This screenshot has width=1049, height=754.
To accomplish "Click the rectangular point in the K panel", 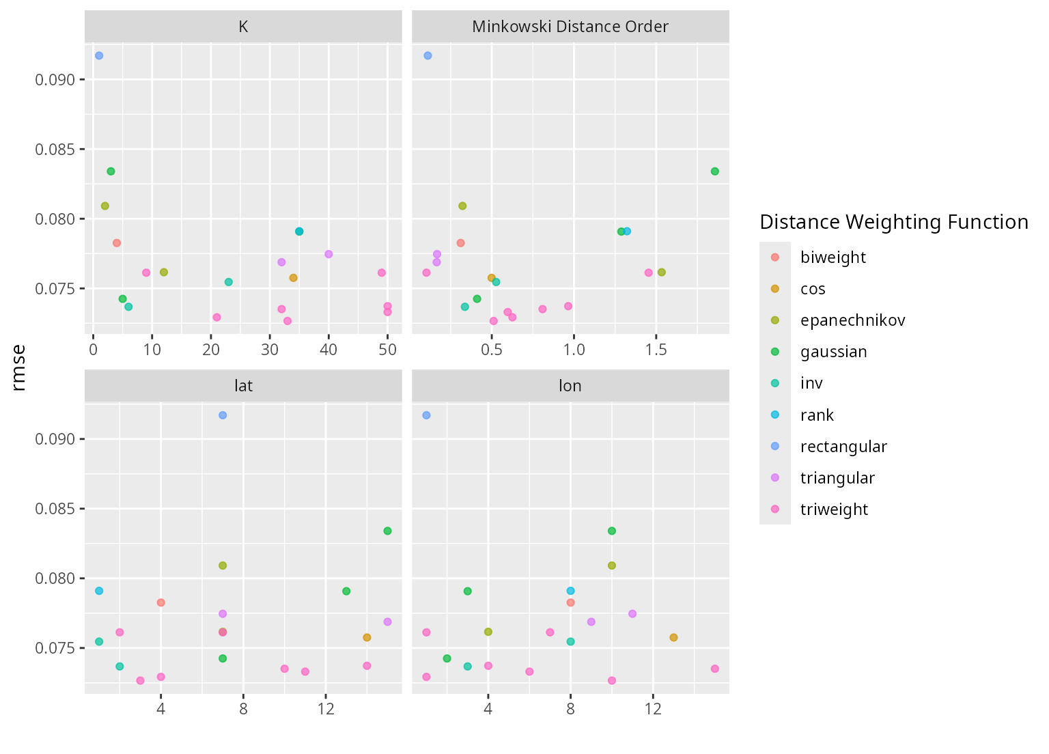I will click(x=99, y=55).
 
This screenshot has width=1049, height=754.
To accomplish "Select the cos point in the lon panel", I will click(x=673, y=637).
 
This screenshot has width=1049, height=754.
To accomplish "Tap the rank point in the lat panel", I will click(x=99, y=591).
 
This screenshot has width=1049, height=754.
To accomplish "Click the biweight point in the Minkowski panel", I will click(x=460, y=243).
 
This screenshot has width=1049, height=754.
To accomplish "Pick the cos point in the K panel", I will click(x=293, y=278).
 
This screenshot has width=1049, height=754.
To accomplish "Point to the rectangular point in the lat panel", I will click(x=223, y=415).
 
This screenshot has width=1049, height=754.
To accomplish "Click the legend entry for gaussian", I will click(x=833, y=352).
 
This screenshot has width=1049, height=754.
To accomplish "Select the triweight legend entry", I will click(x=834, y=509).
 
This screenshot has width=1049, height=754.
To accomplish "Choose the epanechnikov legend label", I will click(x=852, y=320).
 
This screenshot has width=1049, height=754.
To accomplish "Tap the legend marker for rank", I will click(x=775, y=415).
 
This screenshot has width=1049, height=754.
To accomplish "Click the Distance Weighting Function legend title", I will click(x=893, y=222).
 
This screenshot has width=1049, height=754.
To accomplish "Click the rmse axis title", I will click(x=19, y=369).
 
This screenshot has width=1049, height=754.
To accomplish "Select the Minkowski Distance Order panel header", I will click(x=570, y=27).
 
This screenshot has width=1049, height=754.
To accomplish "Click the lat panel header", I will click(x=243, y=386).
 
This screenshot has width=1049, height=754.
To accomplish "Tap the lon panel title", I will click(x=570, y=386).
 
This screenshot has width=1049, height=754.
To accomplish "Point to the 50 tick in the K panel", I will click(x=387, y=350).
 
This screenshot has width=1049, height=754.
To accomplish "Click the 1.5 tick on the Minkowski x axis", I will click(x=656, y=350).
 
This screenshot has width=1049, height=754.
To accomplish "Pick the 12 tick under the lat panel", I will click(x=326, y=709).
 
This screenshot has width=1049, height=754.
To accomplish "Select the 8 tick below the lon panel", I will click(x=570, y=709).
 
